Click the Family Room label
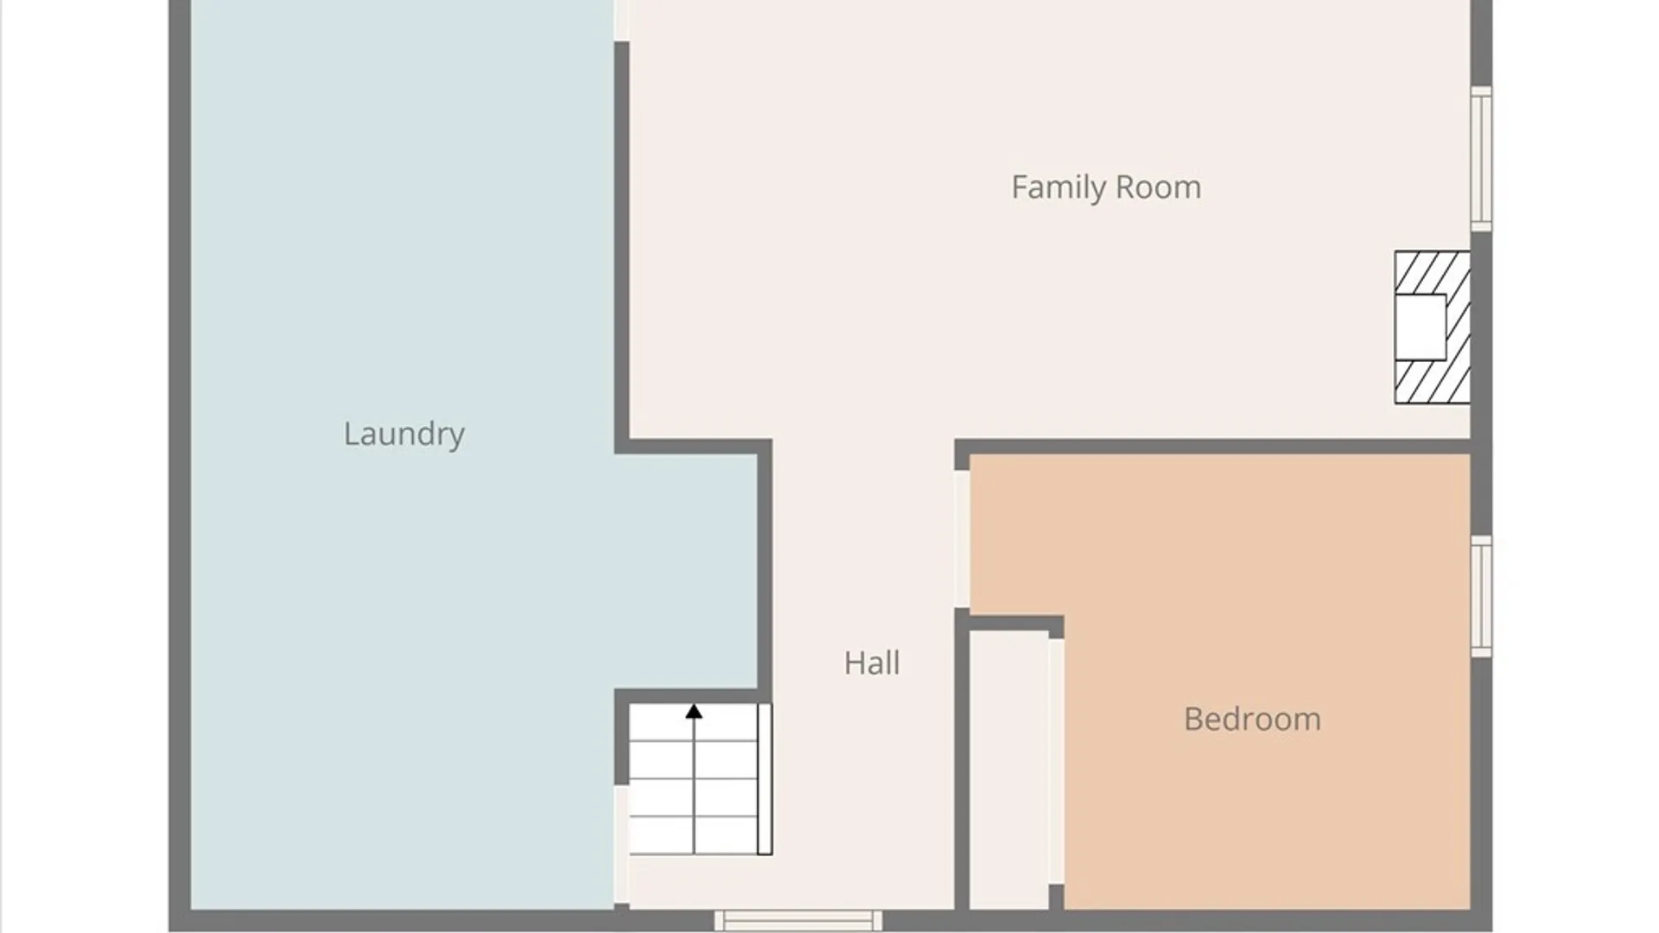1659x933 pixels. pos(1106,187)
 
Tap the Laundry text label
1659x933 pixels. pos(404,434)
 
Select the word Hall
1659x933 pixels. pos(872,663)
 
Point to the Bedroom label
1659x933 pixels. pos(1252,720)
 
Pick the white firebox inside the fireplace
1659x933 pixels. pos(1421,327)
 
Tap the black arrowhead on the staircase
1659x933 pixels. pos(694,712)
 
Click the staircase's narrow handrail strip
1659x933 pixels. pos(765,779)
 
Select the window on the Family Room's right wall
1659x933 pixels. pos(1481,159)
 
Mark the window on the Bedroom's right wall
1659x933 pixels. pos(1481,596)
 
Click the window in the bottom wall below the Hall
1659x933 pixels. pos(798,921)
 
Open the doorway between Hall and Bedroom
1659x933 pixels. pos(962,539)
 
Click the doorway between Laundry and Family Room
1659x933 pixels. pos(621,21)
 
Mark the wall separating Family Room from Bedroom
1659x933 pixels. pos(1213,447)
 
